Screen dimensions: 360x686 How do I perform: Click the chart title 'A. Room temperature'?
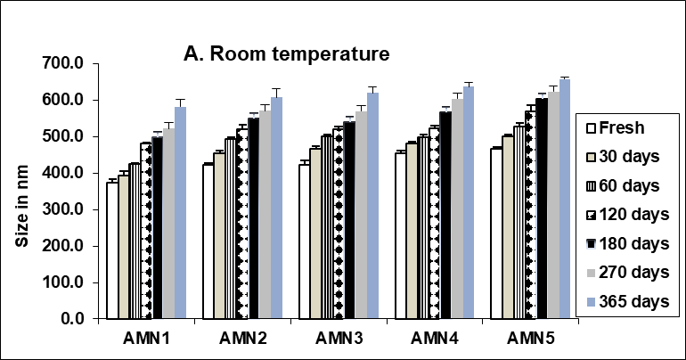pyautogui.click(x=286, y=53)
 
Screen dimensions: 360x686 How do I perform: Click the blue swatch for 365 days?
pyautogui.click(x=587, y=302)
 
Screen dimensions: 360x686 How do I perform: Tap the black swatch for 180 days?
pyautogui.click(x=587, y=244)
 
